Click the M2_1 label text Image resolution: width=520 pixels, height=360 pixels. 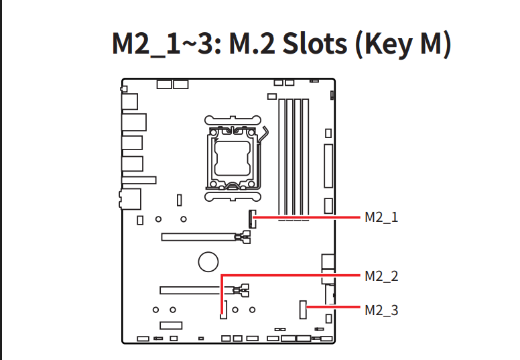click(381, 218)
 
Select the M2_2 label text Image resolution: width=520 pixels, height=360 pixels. click(381, 276)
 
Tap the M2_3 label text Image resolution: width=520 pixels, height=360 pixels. click(381, 310)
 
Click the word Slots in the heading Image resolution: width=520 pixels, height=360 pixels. click(315, 44)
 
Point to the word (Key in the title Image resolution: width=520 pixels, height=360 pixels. click(384, 45)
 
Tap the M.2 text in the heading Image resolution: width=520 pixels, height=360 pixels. click(252, 44)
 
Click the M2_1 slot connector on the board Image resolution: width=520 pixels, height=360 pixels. click(253, 219)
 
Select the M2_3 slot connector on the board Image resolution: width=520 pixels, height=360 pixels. click(303, 310)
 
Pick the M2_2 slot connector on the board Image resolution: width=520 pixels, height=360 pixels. click(224, 310)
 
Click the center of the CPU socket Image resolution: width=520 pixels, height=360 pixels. click(233, 158)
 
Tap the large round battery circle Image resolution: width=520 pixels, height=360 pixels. click(208, 262)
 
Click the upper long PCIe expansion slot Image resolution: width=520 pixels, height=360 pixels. click(198, 237)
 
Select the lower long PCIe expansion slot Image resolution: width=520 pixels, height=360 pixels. click(196, 290)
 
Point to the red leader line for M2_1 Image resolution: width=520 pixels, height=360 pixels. click(307, 218)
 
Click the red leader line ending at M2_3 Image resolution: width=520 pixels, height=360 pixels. click(333, 307)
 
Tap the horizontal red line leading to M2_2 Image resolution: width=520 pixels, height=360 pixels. click(291, 276)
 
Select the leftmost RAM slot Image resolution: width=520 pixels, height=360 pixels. click(282, 160)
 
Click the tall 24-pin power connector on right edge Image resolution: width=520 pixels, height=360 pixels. click(328, 166)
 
